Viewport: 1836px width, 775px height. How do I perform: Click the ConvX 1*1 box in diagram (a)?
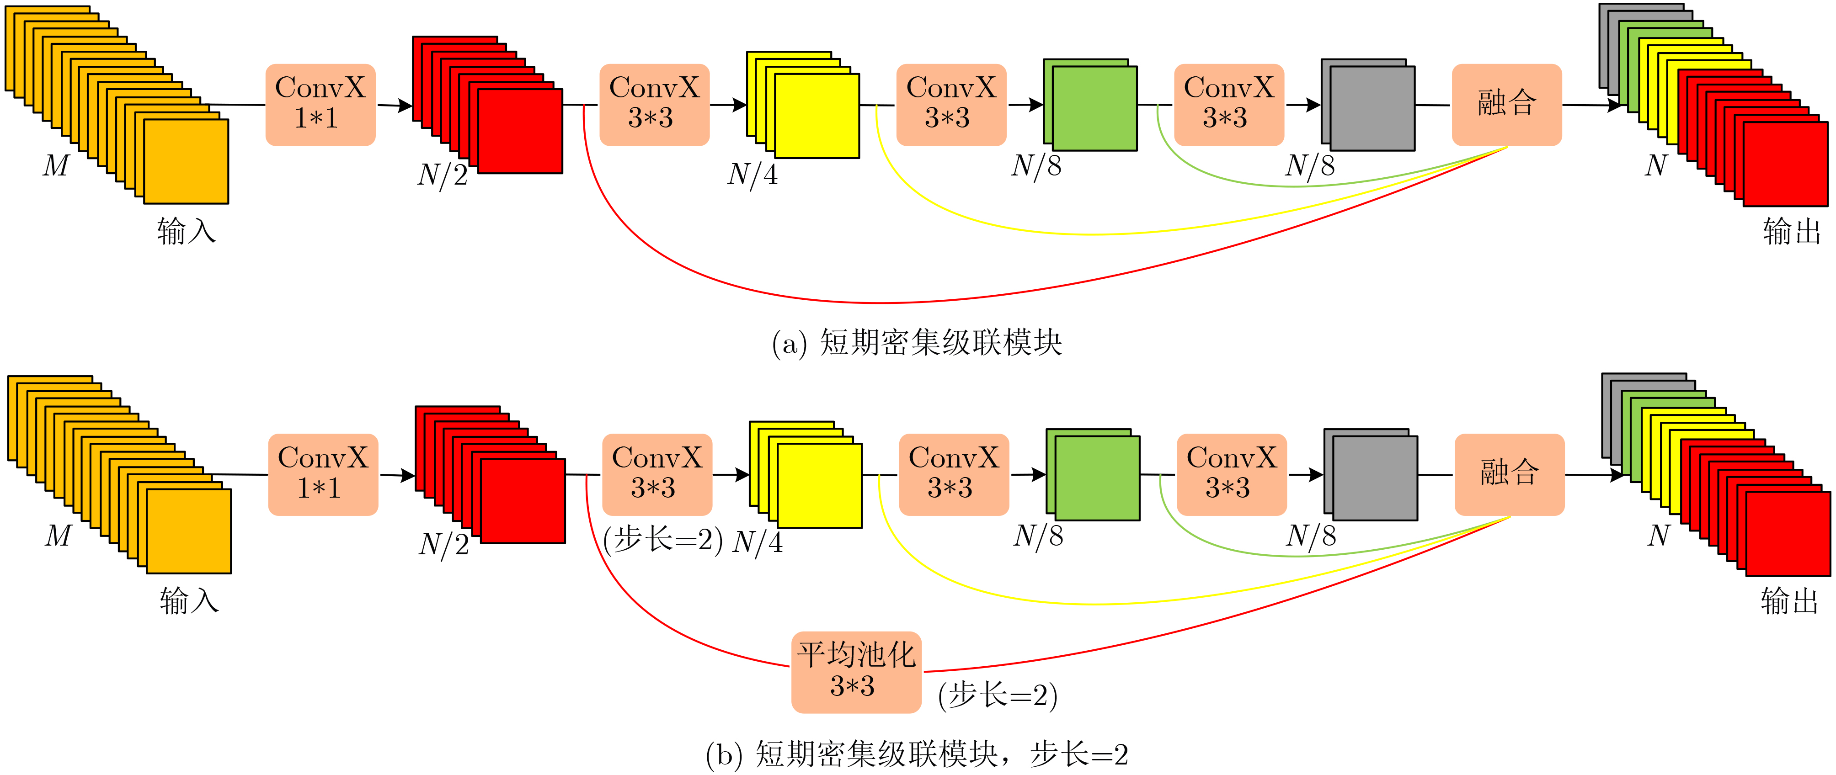coord(320,105)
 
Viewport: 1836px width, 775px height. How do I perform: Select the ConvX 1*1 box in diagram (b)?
coord(323,474)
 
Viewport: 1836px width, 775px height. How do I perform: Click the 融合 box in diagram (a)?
coord(1507,105)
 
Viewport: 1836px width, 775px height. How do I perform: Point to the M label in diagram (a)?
coord(56,166)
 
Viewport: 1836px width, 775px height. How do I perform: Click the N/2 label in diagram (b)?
coord(443,545)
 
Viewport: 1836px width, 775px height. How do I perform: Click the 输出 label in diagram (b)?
coord(1789,600)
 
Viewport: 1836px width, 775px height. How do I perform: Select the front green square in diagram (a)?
coord(1094,109)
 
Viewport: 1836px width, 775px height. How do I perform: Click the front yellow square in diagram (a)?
coord(817,116)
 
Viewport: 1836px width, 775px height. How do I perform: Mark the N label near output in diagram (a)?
coord(1656,166)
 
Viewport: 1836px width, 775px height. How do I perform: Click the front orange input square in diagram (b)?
coord(189,531)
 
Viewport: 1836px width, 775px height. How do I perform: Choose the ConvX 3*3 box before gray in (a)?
coord(1229,105)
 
